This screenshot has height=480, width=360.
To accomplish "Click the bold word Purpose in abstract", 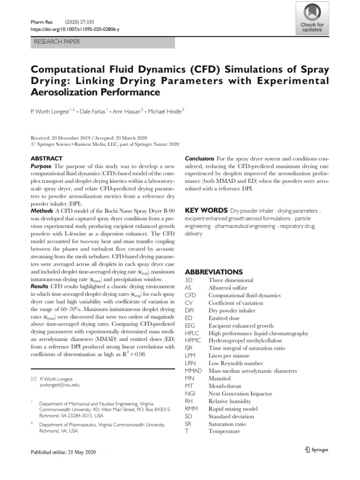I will [x=41, y=166].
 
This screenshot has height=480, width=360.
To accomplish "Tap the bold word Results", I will [x=40, y=286].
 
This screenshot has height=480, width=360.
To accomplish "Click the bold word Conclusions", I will [x=200, y=159].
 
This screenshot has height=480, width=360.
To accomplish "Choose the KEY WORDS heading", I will [x=206, y=210].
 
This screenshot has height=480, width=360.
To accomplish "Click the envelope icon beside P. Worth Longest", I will [x=33, y=378].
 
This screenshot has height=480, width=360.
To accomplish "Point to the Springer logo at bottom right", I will [x=314, y=450].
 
